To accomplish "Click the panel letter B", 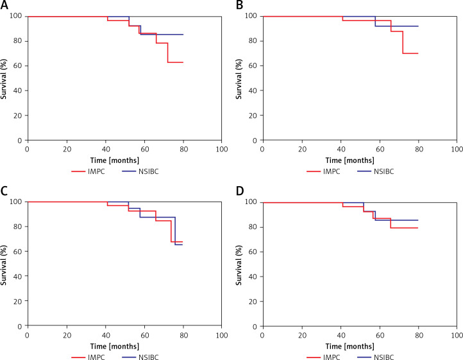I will [239, 6].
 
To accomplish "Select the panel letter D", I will [239, 192].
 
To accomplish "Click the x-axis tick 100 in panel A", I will [221, 150].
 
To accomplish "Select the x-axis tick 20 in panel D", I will [301, 335].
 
